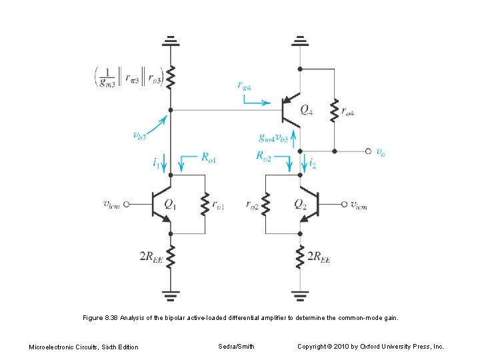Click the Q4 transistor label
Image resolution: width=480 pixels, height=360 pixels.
tap(306, 111)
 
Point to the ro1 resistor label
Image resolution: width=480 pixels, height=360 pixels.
tap(217, 206)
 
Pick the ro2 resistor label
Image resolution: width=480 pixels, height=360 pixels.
tap(251, 206)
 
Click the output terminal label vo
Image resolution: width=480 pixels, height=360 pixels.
tap(381, 152)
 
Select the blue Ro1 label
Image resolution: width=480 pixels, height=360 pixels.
tap(209, 158)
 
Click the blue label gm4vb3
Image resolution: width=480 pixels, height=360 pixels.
tap(274, 138)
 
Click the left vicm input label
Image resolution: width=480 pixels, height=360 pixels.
tap(113, 205)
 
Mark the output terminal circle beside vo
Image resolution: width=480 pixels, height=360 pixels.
tap(368, 151)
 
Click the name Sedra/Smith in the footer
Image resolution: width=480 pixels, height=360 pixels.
tap(235, 346)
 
